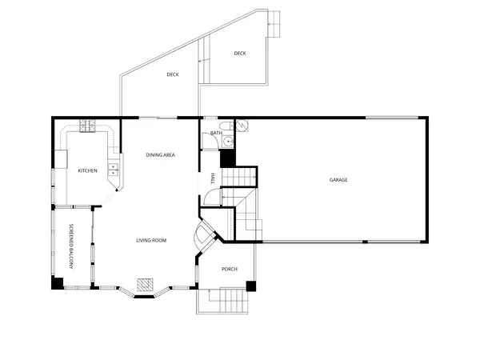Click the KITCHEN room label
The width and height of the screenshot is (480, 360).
[87, 170]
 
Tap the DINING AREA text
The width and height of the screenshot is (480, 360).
[160, 154]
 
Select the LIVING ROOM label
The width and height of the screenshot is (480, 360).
[150, 240]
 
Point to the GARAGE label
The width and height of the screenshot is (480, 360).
[338, 180]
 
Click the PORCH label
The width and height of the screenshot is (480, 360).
[230, 269]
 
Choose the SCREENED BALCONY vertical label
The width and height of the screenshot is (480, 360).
[71, 244]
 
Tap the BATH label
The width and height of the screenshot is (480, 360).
[216, 133]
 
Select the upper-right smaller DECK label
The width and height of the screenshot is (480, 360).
[240, 54]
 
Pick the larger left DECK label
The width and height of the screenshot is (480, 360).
[172, 75]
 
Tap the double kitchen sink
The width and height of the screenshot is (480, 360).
[114, 169]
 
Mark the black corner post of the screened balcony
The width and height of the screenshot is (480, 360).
[58, 282]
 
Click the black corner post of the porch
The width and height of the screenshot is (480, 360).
[250, 285]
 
